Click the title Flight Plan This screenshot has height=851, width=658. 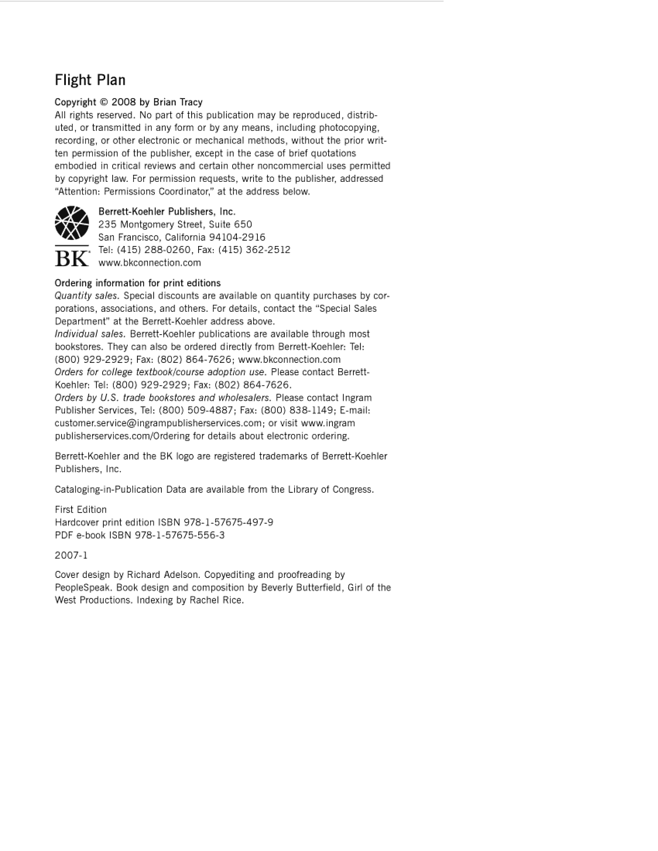[x=90, y=80]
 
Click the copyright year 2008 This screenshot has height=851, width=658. [x=124, y=102]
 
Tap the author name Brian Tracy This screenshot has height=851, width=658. [x=178, y=102]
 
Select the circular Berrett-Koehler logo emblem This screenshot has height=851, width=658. [x=72, y=223]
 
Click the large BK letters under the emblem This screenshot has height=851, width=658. [x=72, y=258]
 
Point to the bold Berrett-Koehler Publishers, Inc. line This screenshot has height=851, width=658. [x=167, y=211]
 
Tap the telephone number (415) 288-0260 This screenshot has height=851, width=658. [x=154, y=250]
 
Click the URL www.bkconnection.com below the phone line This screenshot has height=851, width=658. [x=150, y=263]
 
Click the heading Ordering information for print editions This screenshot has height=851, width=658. [x=138, y=283]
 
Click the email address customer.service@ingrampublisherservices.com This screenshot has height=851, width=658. [x=158, y=423]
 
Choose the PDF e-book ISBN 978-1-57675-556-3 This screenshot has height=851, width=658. [x=180, y=535]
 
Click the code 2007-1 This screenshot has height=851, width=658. [x=71, y=555]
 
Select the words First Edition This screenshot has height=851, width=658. [x=81, y=510]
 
